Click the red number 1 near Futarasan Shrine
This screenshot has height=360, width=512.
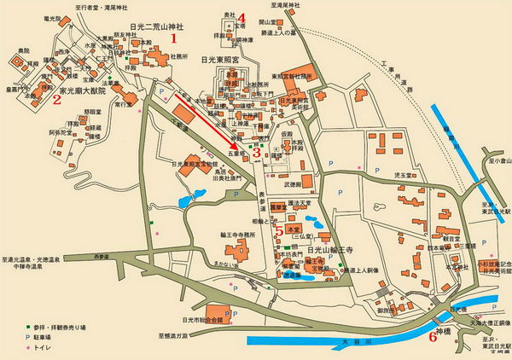[x=175, y=38]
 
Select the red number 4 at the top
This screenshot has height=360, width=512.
[x=242, y=18]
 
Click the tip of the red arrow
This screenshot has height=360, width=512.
[x=241, y=148]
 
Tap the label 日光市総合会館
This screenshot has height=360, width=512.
[x=200, y=320]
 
